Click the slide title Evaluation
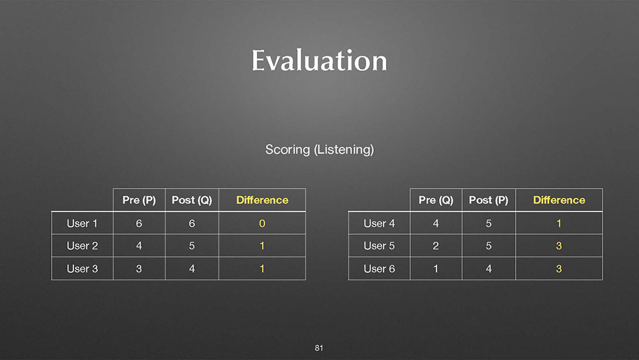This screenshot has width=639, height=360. pos(319,60)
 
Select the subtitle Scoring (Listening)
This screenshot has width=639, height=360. pos(319,150)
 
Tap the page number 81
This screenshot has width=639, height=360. pos(319,348)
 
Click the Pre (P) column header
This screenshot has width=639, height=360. pos(139,200)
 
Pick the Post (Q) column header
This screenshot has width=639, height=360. pos(192,200)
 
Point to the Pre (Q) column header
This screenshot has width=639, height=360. pos(436,200)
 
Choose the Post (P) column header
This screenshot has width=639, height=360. pos(489,200)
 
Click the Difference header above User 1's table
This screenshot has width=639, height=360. pos(262,200)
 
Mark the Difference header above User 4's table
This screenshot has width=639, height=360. pos(559,200)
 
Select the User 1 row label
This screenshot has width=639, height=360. pos(82,223)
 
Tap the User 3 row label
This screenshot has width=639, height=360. pos(82,269)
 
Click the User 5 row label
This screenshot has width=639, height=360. pos(379,246)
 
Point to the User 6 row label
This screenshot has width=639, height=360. pos(379,269)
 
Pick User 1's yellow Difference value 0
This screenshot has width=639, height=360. pos(262,223)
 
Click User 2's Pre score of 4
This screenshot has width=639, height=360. pos(139,246)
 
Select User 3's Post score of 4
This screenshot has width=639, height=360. pos(192,269)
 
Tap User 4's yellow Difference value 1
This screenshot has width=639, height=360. pos(558,223)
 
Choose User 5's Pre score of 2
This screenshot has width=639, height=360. pos(436,246)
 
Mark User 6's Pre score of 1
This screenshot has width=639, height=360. pos(436,269)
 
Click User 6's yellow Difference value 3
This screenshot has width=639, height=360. pos(558,269)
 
